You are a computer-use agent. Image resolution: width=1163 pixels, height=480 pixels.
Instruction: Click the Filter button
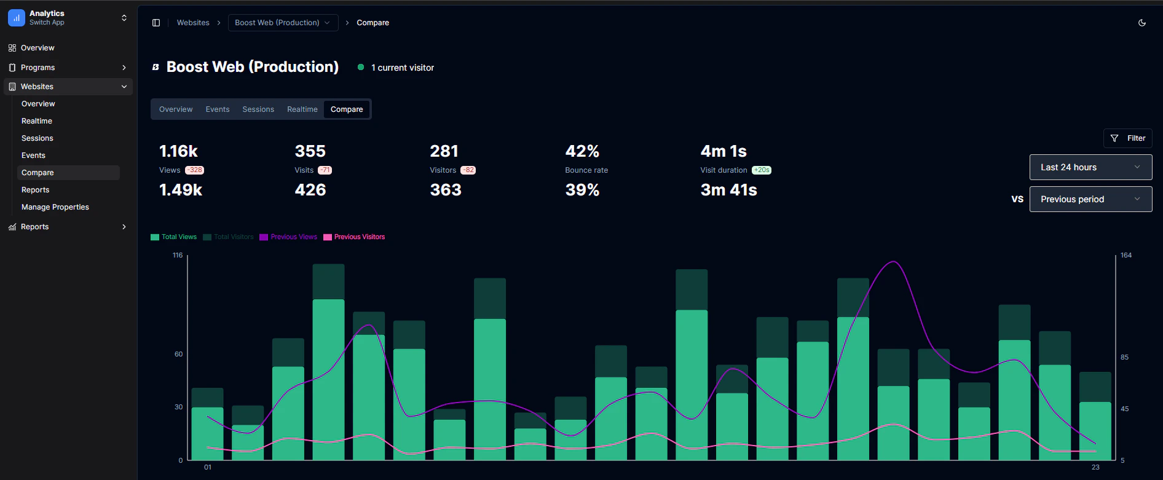[x=1127, y=138]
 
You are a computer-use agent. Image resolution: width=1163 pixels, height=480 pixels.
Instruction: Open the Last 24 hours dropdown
[x=1090, y=167]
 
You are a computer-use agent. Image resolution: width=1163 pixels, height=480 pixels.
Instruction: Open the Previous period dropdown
[x=1090, y=199]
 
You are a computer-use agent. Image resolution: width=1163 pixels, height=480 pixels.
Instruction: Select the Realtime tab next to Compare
[x=302, y=109]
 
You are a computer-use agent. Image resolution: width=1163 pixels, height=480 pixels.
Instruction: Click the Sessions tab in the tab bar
[x=258, y=109]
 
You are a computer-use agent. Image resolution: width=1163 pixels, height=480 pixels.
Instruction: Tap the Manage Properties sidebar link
[x=55, y=207]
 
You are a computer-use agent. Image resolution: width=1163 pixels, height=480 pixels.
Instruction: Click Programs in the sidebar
[x=38, y=68]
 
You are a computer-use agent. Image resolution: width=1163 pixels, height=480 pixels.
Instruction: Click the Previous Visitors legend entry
[x=354, y=237]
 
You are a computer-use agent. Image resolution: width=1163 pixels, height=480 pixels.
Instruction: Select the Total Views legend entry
[x=174, y=237]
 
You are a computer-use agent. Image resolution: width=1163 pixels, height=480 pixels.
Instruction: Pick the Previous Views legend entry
[x=288, y=237]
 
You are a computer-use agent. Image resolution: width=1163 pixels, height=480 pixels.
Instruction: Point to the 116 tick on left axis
[x=178, y=255]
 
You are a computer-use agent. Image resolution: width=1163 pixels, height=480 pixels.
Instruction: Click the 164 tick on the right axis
[x=1126, y=255]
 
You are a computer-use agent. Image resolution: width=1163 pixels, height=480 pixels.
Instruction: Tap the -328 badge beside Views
[x=195, y=170]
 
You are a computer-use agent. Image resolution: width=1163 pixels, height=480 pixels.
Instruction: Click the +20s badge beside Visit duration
[x=762, y=170]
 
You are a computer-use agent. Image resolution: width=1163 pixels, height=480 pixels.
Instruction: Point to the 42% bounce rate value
[x=582, y=151]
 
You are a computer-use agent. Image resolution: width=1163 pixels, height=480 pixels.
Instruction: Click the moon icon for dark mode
[x=1142, y=23]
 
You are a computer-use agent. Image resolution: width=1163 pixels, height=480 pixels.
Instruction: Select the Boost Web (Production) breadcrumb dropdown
[x=283, y=23]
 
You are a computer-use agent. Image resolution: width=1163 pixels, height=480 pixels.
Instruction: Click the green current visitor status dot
[x=361, y=68]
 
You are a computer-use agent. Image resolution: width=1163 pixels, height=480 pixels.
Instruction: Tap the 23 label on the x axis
[x=1095, y=468]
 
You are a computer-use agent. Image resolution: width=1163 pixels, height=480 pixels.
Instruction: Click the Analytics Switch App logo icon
[x=17, y=18]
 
